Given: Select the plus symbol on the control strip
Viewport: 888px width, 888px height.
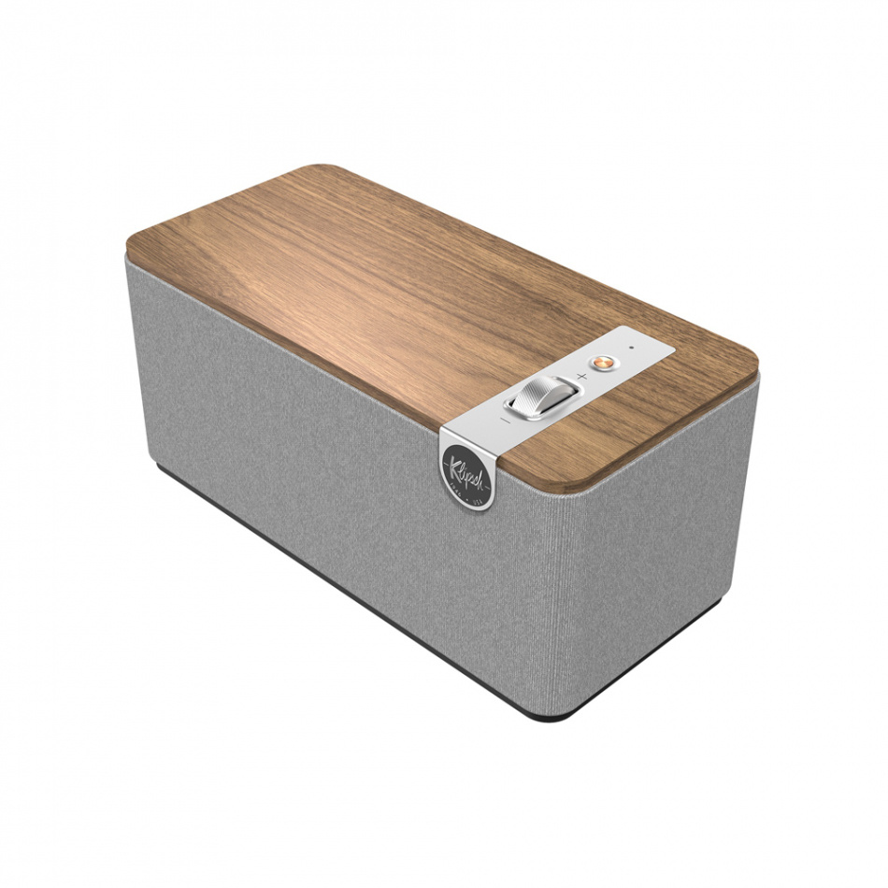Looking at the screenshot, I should [581, 376].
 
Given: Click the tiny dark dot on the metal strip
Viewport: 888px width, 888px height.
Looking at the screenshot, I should [632, 349].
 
